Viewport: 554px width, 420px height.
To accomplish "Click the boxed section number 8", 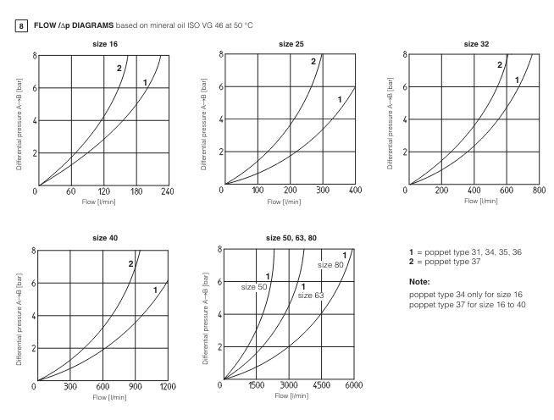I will [9, 14].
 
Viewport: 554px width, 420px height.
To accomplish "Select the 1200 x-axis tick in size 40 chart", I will [168, 388].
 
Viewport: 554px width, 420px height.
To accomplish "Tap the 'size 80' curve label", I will [331, 265].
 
